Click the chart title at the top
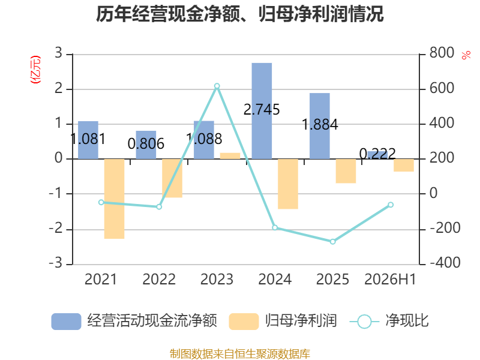pyautogui.click(x=239, y=14)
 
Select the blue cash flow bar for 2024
pyautogui.click(x=262, y=111)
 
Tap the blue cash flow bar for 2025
pyautogui.click(x=320, y=126)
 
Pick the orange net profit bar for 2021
pyautogui.click(x=114, y=199)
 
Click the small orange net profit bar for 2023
pyautogui.click(x=230, y=156)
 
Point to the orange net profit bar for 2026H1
pyautogui.click(x=404, y=166)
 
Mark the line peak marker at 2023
pyautogui.click(x=217, y=86)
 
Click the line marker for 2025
pyautogui.click(x=333, y=242)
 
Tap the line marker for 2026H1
pyautogui.click(x=391, y=205)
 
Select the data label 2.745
pyautogui.click(x=262, y=110)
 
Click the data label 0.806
pyautogui.click(x=146, y=143)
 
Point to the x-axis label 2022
pyautogui.click(x=159, y=279)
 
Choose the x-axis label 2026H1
pyautogui.click(x=391, y=279)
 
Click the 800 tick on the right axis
pyautogui.click(x=442, y=53)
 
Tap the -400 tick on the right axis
pyautogui.click(x=445, y=263)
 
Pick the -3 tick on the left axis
pyautogui.click(x=56, y=263)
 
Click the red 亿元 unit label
pyautogui.click(x=35, y=70)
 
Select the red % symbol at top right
pyautogui.click(x=466, y=55)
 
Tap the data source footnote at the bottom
pyautogui.click(x=240, y=353)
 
